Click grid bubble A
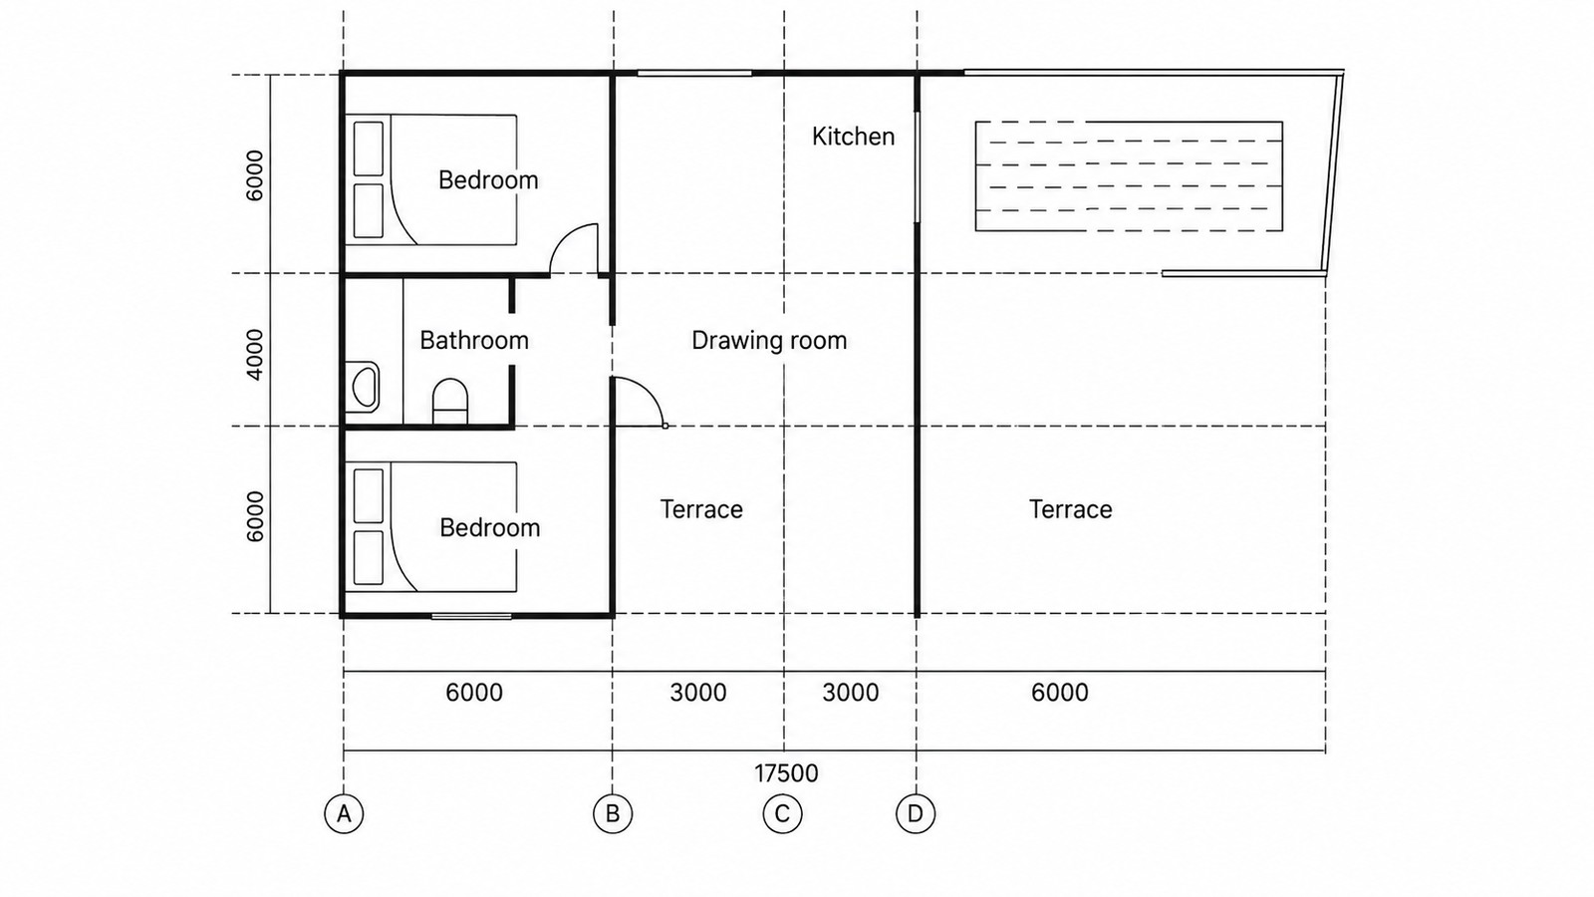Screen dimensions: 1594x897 [344, 813]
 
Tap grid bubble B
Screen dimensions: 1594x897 [613, 813]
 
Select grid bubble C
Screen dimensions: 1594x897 [783, 813]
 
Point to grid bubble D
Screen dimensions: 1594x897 [916, 813]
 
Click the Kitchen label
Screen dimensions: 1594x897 [853, 136]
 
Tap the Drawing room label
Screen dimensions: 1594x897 [769, 340]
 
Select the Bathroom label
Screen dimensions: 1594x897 [474, 340]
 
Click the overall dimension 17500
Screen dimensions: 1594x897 [786, 773]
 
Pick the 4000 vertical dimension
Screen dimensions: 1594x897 [254, 355]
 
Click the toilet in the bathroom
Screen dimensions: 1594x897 [449, 403]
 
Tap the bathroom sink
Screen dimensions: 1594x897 [364, 387]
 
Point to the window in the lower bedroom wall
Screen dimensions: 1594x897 [471, 616]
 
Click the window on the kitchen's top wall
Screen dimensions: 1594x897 [694, 73]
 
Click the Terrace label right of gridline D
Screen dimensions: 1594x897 [1070, 509]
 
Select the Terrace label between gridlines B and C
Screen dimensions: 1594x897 [701, 509]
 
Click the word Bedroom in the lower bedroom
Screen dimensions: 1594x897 [489, 527]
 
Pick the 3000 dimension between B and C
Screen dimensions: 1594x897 [698, 693]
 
